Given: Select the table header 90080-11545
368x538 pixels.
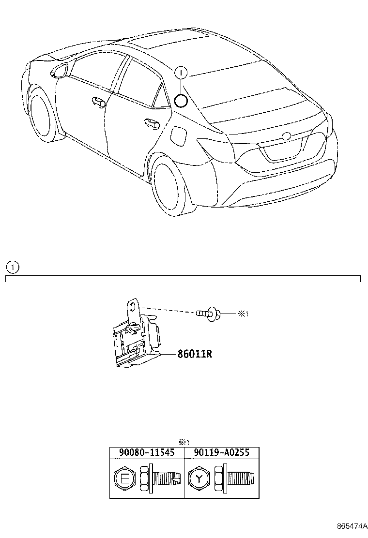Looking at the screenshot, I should (x=147, y=453).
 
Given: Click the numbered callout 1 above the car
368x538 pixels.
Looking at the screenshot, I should (x=180, y=73).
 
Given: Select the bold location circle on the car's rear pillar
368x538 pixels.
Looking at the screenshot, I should (x=181, y=101).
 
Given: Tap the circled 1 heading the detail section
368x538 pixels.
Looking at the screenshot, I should (x=13, y=267).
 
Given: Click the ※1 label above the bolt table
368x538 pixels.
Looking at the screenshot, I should (x=184, y=441).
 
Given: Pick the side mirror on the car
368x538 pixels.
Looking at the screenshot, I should (x=60, y=70).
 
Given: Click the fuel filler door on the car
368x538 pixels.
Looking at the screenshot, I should (x=178, y=134).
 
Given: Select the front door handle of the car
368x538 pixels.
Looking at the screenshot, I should (x=99, y=102).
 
